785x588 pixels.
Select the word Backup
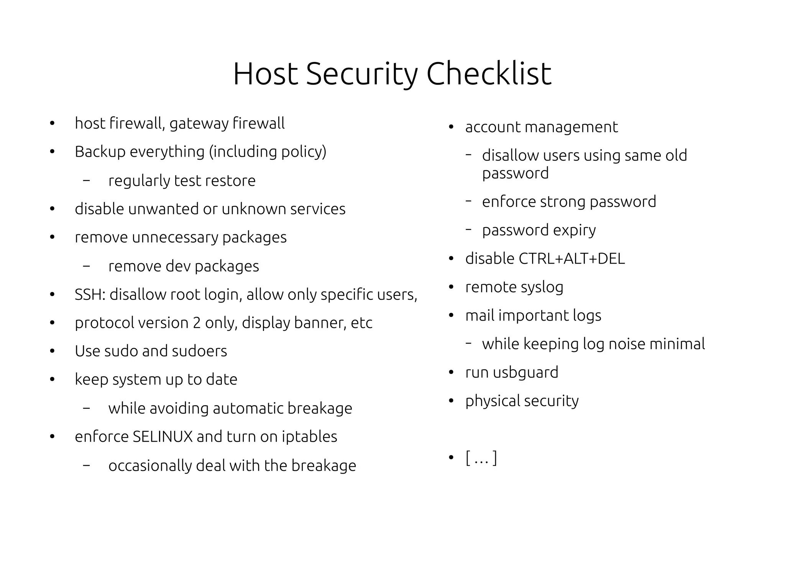100,152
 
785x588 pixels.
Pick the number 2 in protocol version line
197,323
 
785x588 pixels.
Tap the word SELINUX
163,437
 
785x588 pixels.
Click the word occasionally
150,466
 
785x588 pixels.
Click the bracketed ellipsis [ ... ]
481,458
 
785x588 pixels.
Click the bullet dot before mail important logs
451,316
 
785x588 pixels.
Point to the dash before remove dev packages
86,266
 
